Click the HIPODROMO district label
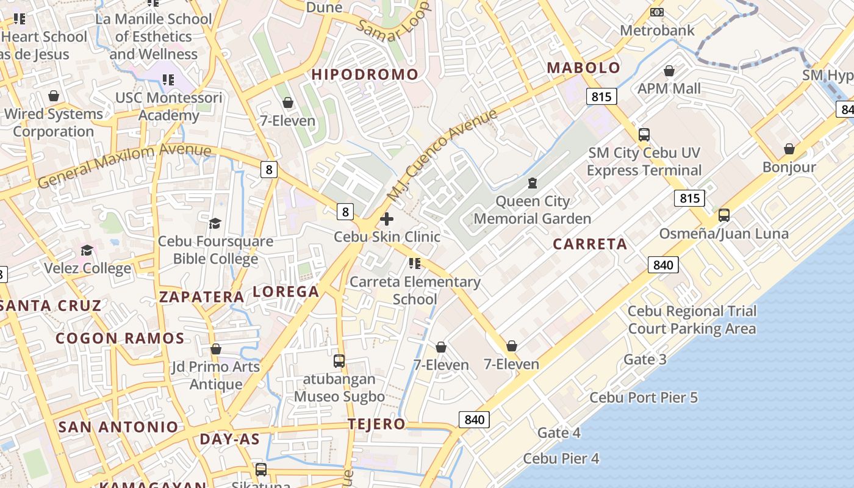click(365, 74)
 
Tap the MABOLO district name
click(583, 68)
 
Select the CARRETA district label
click(590, 244)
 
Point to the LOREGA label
click(285, 292)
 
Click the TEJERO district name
click(376, 424)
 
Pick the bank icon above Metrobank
click(657, 12)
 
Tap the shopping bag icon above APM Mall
click(669, 71)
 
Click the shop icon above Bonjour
click(789, 149)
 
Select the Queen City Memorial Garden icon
click(533, 183)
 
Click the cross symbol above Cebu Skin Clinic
click(387, 219)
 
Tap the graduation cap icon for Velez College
click(87, 251)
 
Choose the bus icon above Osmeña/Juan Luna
click(724, 215)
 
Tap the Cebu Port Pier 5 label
click(643, 398)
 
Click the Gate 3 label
click(644, 359)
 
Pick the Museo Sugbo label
click(339, 396)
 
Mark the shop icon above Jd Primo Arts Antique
click(215, 349)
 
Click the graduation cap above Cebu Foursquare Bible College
click(215, 223)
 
